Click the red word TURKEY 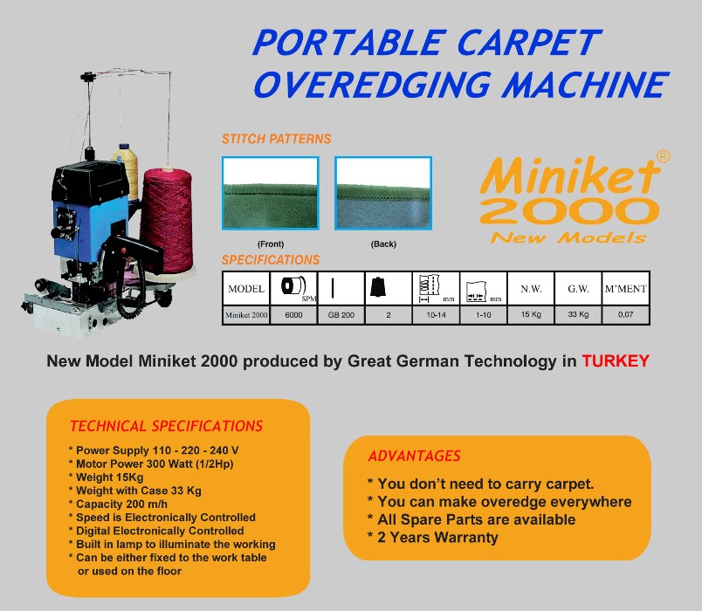pyautogui.click(x=616, y=360)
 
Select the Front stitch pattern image pyautogui.click(x=271, y=193)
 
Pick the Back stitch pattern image pyautogui.click(x=383, y=193)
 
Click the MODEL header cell pyautogui.click(x=246, y=289)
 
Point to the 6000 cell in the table pyautogui.click(x=293, y=315)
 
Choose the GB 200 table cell pyautogui.click(x=341, y=315)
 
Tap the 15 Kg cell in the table pyautogui.click(x=531, y=315)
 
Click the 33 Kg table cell pyautogui.click(x=578, y=315)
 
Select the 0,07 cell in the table pyautogui.click(x=626, y=315)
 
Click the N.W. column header pyautogui.click(x=531, y=289)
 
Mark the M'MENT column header pyautogui.click(x=626, y=289)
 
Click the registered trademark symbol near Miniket pyautogui.click(x=663, y=156)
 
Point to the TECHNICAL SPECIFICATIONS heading pyautogui.click(x=166, y=426)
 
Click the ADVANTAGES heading pyautogui.click(x=414, y=456)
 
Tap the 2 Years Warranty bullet pyautogui.click(x=432, y=537)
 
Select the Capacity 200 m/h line pyautogui.click(x=118, y=504)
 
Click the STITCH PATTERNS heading pyautogui.click(x=276, y=139)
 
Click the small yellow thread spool pyautogui.click(x=127, y=171)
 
